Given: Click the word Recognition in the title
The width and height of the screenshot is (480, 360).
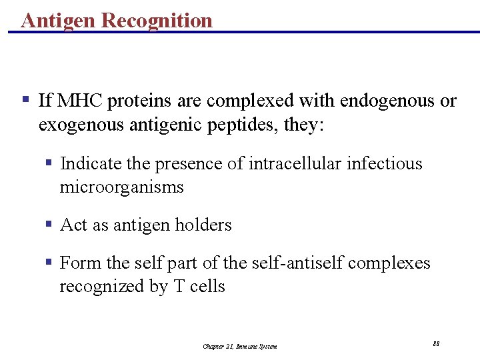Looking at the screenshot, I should [157, 21].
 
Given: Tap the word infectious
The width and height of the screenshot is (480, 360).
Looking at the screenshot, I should [385, 163].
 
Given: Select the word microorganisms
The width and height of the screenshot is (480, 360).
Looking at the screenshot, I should [121, 187].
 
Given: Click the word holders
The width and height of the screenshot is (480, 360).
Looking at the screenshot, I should [203, 225].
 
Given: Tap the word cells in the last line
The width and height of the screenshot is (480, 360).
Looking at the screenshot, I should [207, 287].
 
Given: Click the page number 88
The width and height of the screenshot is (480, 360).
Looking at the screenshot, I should [436, 343].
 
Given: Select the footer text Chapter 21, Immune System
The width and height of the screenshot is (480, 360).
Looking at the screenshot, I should [240, 346].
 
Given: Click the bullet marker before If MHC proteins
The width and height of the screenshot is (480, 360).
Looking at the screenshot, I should [25, 100].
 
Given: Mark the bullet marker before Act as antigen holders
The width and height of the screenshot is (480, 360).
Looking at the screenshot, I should [49, 225].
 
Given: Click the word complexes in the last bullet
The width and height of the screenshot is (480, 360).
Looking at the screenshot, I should [389, 263].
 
